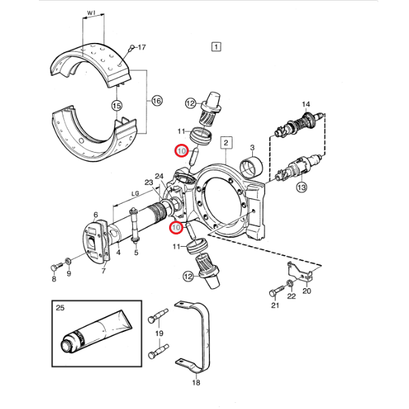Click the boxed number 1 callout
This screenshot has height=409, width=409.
216,47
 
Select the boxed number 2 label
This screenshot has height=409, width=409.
226,142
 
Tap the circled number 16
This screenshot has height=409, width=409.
157,101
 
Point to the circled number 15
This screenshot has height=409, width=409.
117,106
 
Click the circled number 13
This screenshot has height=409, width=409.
301,187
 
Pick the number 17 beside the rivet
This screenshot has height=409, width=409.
142,47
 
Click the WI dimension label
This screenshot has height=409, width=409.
91,13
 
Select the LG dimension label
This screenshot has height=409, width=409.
135,194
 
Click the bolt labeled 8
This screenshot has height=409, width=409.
56,267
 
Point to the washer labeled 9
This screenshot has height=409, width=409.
68,260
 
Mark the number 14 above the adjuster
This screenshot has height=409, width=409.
305,104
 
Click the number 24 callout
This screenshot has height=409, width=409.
159,177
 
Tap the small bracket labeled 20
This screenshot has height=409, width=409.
300,272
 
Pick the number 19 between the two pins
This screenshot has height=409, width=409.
159,333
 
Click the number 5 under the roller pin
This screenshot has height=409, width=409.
136,252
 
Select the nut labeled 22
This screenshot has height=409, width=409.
289,283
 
